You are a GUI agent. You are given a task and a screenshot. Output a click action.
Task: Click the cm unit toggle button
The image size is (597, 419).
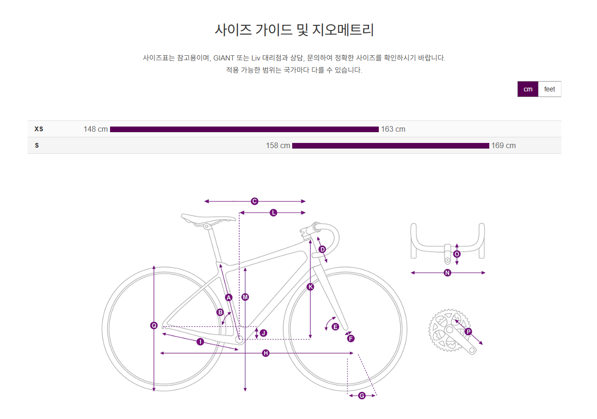[528, 89]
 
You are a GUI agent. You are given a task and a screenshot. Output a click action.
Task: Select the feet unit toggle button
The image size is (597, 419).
[549, 89]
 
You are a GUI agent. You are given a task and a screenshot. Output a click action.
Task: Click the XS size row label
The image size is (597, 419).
[38, 129]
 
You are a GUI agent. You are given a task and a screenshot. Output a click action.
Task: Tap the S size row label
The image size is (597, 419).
[37, 145]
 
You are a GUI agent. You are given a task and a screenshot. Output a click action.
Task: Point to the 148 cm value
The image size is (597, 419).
[96, 129]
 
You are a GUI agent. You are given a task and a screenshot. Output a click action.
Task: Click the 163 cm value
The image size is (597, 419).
[393, 129]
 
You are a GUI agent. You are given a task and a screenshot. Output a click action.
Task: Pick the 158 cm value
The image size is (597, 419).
[278, 145]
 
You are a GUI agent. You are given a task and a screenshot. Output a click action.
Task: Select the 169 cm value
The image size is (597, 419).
[503, 145]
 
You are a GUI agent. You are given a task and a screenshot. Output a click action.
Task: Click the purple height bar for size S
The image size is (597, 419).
[390, 146]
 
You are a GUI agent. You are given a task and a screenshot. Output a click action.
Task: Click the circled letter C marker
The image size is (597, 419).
[254, 201]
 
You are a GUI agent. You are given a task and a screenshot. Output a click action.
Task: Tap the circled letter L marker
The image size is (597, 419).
[273, 213]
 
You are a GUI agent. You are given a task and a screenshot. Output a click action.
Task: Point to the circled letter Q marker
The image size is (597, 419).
[154, 325]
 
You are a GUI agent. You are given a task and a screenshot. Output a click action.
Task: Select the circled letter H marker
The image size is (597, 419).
[265, 353]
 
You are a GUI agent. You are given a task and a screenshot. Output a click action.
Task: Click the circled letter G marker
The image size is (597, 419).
[361, 396]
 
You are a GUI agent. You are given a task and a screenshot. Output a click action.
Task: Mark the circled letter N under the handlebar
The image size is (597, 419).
[447, 273]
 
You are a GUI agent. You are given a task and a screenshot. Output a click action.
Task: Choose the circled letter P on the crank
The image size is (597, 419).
[468, 331]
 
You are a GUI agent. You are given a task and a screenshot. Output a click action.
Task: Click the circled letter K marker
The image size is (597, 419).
[310, 287]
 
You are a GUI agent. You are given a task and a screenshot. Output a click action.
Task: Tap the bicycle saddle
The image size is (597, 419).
[208, 218]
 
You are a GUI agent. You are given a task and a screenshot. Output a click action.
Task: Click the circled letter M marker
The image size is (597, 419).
[245, 297]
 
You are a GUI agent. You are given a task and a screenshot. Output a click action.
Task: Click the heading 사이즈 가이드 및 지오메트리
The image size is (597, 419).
[294, 30]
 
